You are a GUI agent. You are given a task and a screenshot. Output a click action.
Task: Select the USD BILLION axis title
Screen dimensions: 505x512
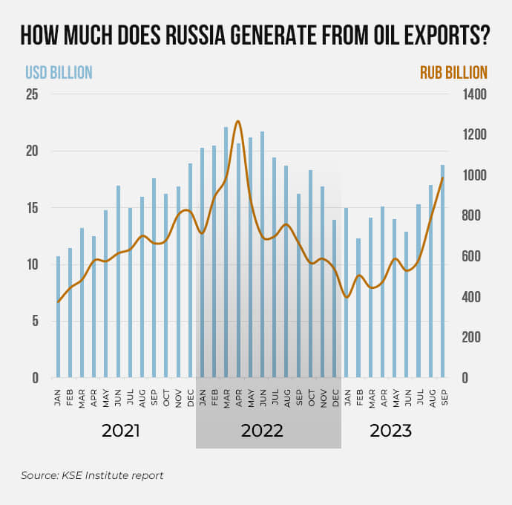coord(59,73)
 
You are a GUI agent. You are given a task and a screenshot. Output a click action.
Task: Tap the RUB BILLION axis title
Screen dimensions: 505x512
coord(453,73)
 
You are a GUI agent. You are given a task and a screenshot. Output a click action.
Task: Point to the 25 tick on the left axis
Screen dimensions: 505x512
coord(32,94)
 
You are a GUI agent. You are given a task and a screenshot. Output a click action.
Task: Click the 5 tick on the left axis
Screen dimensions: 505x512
coord(35,321)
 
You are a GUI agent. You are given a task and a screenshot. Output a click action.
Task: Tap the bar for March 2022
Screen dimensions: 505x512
coord(226,252)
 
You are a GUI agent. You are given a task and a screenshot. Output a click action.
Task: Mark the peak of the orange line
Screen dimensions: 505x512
coord(238,121)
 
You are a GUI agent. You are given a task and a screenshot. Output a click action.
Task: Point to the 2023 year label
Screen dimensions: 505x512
coord(391,431)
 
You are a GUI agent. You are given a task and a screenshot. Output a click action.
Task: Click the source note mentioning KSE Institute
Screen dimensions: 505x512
coord(92,475)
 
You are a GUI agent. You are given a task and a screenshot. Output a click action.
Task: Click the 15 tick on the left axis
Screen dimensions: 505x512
coord(32,208)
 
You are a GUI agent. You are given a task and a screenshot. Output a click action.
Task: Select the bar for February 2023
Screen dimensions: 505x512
coord(358,308)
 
